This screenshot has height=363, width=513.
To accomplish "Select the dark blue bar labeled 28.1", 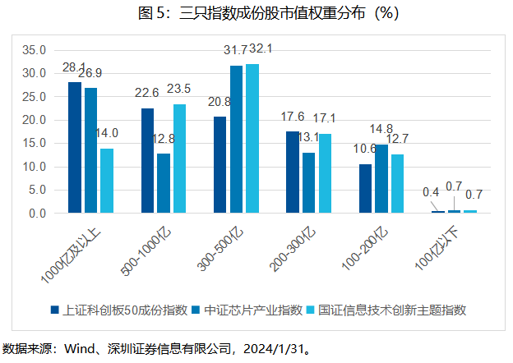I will click(75, 148).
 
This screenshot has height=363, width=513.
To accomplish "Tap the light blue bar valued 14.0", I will click(107, 181).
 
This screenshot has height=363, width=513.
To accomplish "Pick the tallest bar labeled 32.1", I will click(252, 139).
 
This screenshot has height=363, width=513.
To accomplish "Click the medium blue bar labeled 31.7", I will click(236, 140).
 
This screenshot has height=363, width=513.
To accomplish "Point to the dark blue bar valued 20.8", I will click(220, 164).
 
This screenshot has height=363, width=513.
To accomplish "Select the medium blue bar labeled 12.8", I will click(164, 183).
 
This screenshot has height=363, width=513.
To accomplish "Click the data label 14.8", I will click(381, 129).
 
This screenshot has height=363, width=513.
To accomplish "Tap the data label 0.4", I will click(431, 192).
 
